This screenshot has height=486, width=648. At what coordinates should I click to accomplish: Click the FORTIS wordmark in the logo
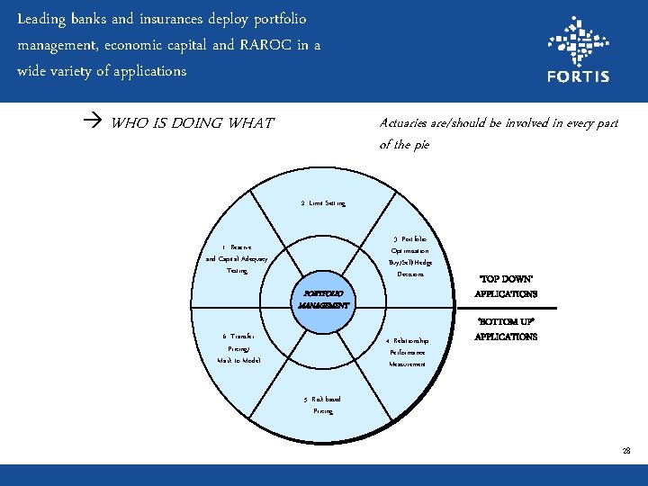click(x=578, y=76)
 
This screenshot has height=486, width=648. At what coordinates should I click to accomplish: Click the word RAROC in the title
click(x=260, y=44)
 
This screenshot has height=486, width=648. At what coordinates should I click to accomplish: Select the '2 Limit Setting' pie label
click(x=323, y=203)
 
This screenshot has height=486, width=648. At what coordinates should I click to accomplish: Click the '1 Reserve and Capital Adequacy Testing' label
click(x=237, y=258)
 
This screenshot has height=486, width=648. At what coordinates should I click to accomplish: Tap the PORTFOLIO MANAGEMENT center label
click(x=323, y=299)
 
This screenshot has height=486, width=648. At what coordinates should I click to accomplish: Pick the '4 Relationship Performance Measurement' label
click(x=408, y=352)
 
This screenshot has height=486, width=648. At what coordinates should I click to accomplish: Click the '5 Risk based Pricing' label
click(x=322, y=404)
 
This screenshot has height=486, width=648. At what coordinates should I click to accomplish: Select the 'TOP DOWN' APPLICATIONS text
click(x=506, y=287)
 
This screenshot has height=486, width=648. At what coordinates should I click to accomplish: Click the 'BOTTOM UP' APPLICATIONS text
click(x=506, y=328)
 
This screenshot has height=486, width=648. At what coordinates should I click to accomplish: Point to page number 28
click(x=625, y=450)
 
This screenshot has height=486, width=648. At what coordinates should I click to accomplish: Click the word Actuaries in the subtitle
click(x=409, y=123)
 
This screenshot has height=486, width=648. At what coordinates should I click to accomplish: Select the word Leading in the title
click(x=41, y=18)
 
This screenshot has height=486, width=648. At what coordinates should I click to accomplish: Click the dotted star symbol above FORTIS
click(x=578, y=40)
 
